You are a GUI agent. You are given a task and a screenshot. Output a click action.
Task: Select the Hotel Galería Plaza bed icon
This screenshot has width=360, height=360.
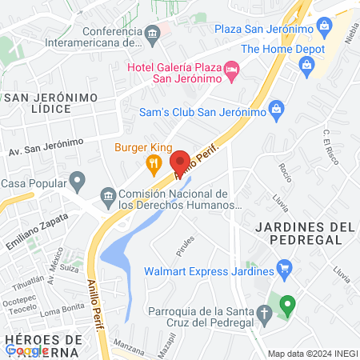pos(232,70)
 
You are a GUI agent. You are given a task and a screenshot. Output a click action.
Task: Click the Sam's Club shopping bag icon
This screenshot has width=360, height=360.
pos(276,108)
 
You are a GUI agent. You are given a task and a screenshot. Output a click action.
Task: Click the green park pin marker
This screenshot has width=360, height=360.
pos(287,305)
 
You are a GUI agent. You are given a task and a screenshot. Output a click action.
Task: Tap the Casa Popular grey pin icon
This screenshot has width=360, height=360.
pos(77,182)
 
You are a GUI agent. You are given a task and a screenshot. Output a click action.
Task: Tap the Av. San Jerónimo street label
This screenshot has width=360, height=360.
pos(46,146)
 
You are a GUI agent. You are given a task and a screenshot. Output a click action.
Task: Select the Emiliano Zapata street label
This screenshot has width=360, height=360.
pos(34,229)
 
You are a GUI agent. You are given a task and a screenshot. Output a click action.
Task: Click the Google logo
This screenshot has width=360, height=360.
pos(26,350)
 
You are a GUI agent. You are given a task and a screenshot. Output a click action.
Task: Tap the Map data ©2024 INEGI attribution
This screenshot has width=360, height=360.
pos(312,354)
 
